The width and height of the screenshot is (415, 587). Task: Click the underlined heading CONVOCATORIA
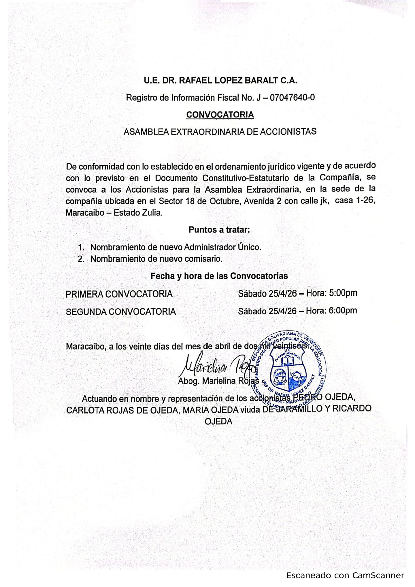220,115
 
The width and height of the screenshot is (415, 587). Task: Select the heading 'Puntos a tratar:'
219,230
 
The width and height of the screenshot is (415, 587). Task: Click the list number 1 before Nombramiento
80,248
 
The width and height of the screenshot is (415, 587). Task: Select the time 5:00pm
343,293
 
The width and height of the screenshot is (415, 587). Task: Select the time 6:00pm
343,311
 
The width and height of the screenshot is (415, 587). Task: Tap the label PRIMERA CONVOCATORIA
119,294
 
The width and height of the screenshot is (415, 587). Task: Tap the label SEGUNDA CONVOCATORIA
121,312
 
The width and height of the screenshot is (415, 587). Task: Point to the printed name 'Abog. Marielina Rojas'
218,381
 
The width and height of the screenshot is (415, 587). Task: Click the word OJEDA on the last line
218,421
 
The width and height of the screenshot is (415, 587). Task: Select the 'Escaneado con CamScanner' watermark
345,575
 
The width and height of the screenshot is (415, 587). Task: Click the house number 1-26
365,200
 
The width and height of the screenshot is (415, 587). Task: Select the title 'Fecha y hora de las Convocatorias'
219,276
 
